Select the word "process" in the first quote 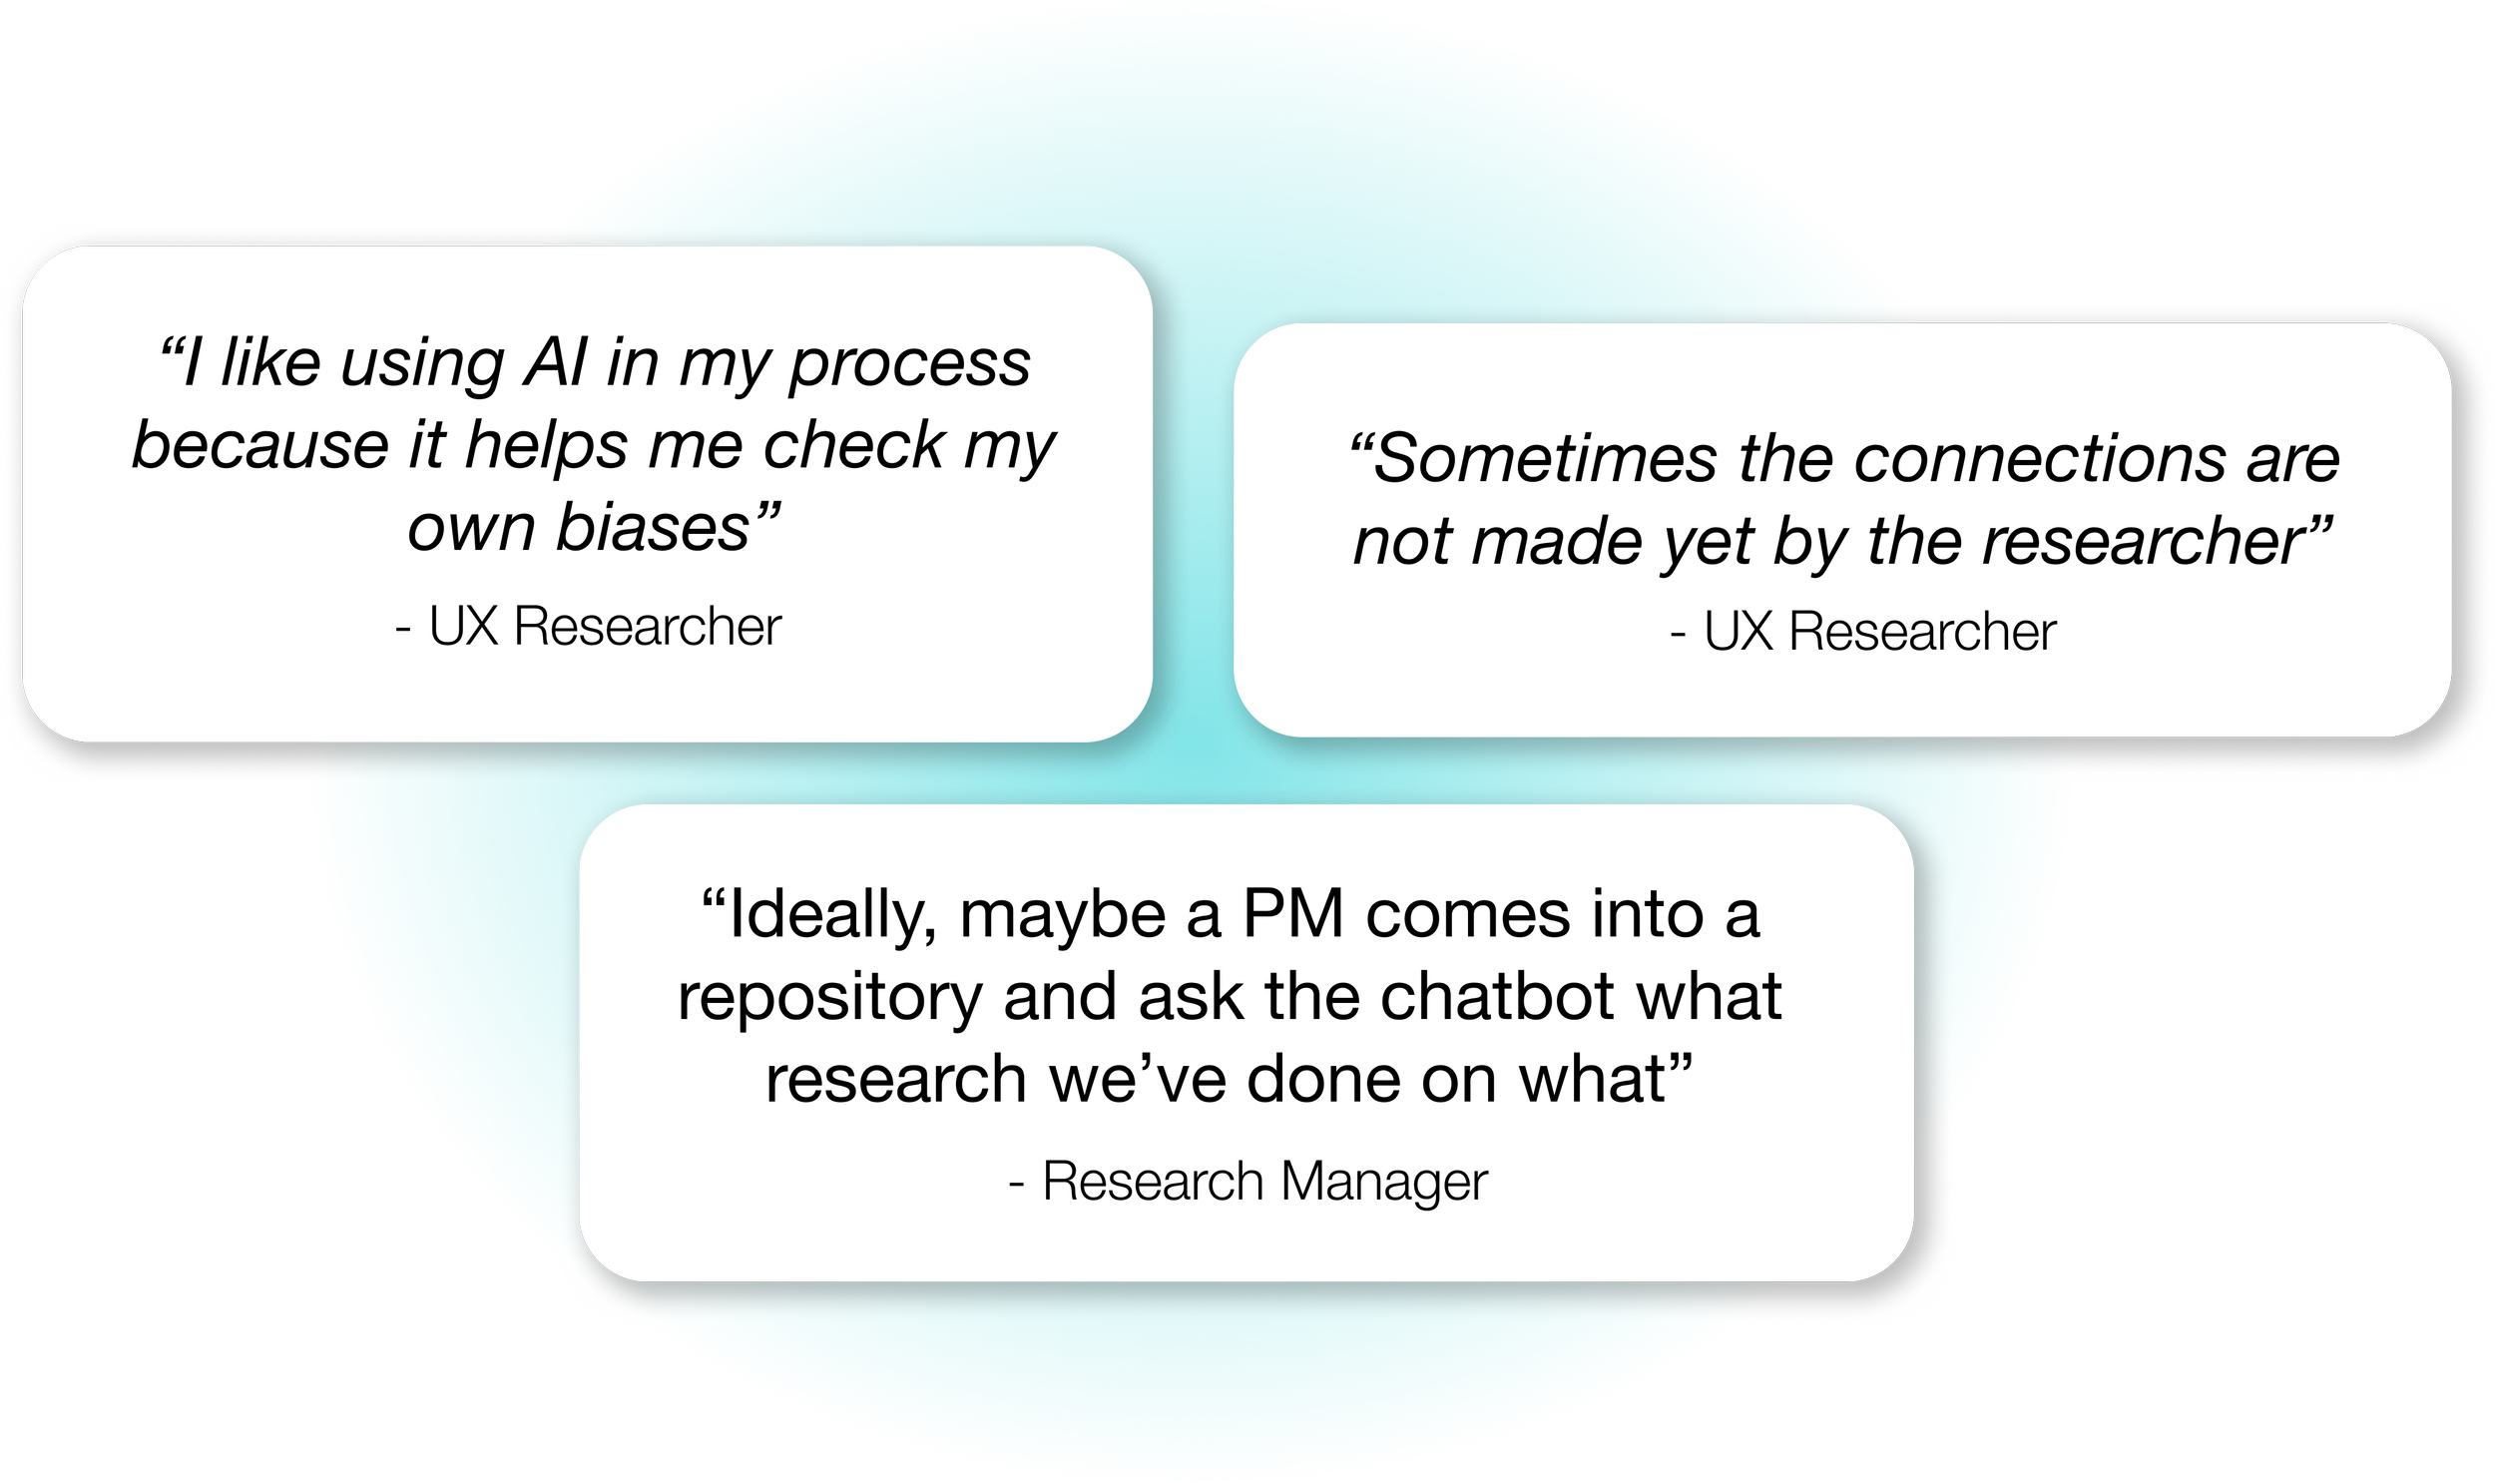[909, 365]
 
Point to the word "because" [258, 446]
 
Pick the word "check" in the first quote [853, 446]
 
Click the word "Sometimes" [1544, 460]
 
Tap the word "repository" [829, 999]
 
